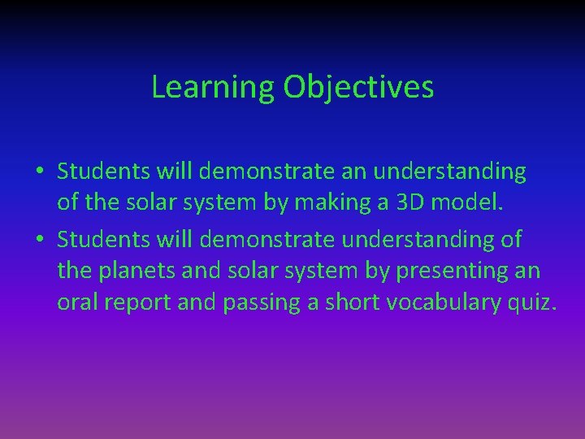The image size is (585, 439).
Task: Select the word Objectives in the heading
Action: click(358, 88)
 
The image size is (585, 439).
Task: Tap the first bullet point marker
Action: click(39, 172)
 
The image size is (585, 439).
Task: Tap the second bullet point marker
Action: click(39, 241)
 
